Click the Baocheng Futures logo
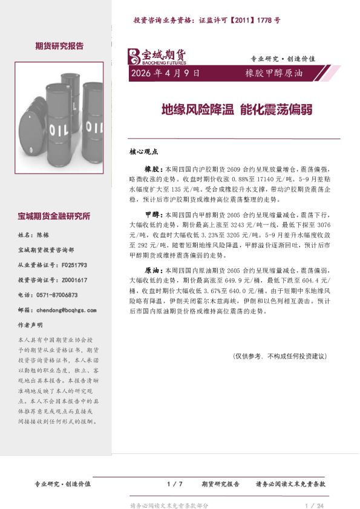click(157, 56)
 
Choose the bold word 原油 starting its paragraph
click(151, 271)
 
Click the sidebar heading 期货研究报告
click(59, 46)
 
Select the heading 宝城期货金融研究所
click(54, 216)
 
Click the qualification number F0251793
click(74, 265)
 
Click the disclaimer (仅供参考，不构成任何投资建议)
click(280, 356)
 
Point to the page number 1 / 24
click(315, 505)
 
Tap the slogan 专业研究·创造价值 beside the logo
click(283, 59)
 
